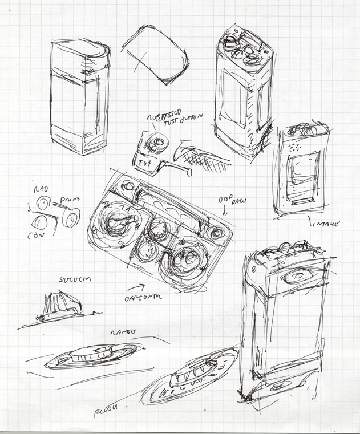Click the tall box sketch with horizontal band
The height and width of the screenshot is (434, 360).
tap(79, 97)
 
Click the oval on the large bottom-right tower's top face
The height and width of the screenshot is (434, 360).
tap(298, 277)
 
